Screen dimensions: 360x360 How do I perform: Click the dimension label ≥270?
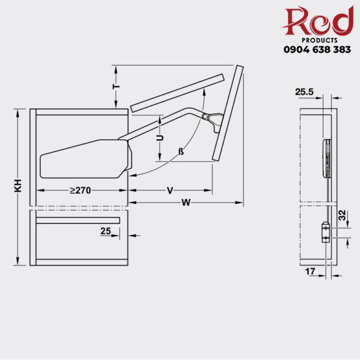[x=79, y=190]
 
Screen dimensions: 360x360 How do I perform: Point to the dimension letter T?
[x=118, y=86]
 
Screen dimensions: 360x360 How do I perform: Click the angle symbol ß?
[x=181, y=152]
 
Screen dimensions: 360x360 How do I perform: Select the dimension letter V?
[x=170, y=190]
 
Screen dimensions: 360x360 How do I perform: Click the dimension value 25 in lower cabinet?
[x=106, y=230]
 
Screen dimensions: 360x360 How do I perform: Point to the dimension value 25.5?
[x=304, y=92]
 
